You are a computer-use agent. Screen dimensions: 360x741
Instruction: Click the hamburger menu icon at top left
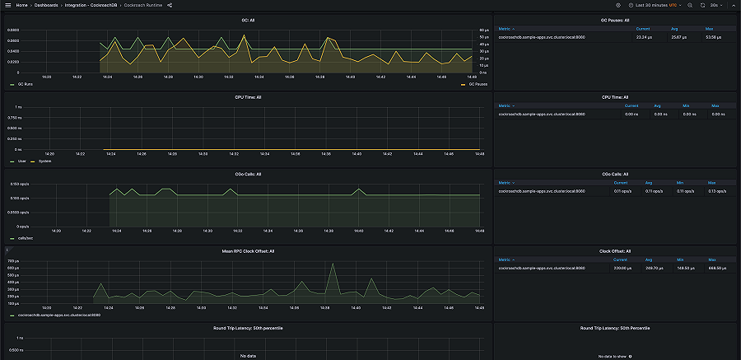(7, 5)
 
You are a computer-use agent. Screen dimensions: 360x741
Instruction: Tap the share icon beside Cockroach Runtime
(170, 5)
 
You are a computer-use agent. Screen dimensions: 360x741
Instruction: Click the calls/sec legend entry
(23, 237)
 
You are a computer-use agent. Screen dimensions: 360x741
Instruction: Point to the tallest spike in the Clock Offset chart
(332, 264)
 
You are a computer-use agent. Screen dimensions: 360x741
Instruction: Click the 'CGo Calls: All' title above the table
(615, 174)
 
